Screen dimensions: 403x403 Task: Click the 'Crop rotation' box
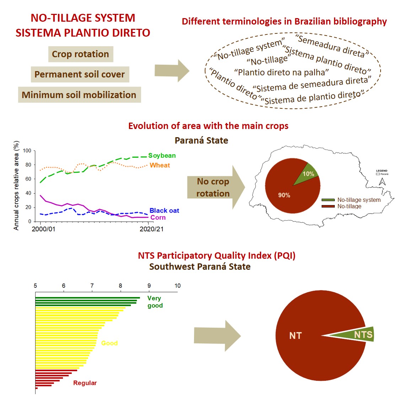click(x=80, y=54)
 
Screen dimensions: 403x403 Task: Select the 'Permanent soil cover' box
click(x=80, y=74)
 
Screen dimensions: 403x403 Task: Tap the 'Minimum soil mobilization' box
click(x=79, y=95)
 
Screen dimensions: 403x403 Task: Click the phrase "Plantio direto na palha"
click(x=281, y=72)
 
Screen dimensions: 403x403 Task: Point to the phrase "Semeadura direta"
click(x=332, y=46)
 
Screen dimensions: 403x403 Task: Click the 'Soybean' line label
click(x=162, y=156)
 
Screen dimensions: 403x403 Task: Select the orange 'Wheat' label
click(x=160, y=165)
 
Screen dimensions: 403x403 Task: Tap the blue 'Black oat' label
click(x=164, y=211)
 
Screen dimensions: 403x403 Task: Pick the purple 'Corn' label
click(x=158, y=217)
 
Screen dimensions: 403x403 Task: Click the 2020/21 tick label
click(x=152, y=229)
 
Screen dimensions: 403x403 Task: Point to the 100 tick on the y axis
click(x=27, y=151)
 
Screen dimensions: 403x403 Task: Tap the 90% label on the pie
click(x=284, y=195)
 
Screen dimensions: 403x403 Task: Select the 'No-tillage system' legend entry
click(x=359, y=200)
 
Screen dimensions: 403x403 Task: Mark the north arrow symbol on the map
click(x=382, y=181)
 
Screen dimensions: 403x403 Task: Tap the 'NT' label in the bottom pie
click(x=295, y=335)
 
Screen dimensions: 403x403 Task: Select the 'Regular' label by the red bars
click(x=85, y=383)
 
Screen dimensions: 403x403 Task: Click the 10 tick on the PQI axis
click(x=177, y=286)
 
